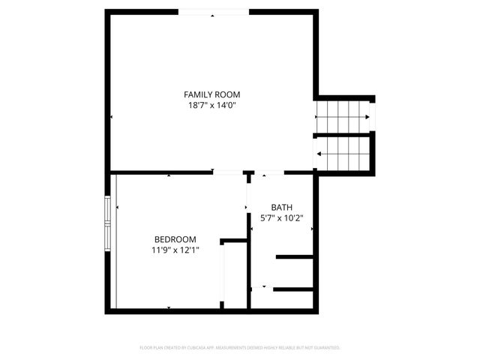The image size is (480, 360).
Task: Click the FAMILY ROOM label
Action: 212,94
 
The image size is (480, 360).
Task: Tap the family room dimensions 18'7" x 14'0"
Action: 212,106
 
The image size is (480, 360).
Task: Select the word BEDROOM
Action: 175,239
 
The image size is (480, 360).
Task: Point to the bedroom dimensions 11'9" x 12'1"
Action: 175,250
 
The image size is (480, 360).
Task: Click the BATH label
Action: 282,208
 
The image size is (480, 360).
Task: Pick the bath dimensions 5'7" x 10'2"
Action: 282,219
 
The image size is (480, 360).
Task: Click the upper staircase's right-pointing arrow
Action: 366,117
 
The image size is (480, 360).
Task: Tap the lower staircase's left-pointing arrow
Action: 320,154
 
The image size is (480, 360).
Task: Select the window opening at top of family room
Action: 213,12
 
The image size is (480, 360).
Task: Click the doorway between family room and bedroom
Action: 228,172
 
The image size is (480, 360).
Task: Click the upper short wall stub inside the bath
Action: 295,257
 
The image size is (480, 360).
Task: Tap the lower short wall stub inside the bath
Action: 292,289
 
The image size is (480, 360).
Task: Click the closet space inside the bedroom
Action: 235,275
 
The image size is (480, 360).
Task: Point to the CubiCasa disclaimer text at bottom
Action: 240,348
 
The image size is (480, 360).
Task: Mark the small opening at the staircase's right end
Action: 372,116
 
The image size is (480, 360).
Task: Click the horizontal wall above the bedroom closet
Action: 234,241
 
